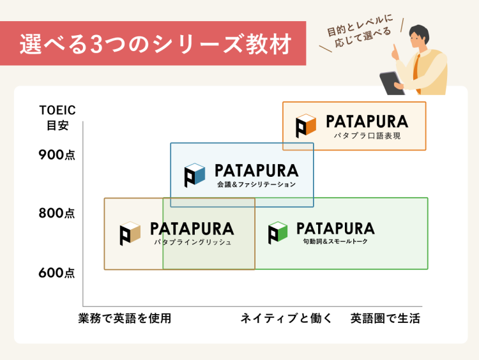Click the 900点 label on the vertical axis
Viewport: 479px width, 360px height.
(x=57, y=154)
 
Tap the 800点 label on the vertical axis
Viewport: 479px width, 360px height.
(x=57, y=213)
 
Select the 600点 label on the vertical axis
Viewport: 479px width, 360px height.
(x=57, y=273)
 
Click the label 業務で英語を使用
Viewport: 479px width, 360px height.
(x=125, y=319)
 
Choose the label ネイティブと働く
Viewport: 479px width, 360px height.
(x=286, y=319)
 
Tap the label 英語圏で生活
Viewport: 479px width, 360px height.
(x=385, y=319)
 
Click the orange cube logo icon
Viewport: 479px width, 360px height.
(x=306, y=126)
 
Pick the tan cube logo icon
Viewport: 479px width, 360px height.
(x=130, y=234)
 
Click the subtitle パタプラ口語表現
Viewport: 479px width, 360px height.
(x=367, y=136)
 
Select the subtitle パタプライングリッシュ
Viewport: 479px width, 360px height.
(x=192, y=243)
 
